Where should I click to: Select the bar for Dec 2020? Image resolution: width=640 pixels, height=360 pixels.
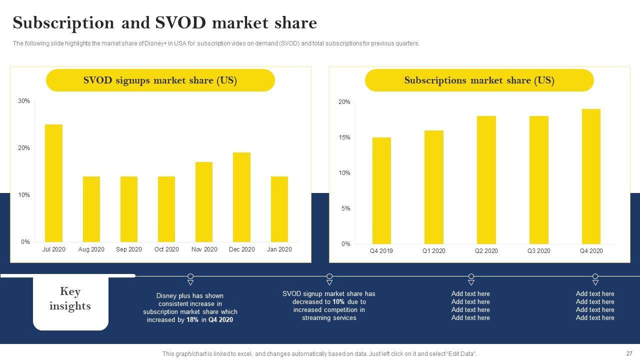pos(241,197)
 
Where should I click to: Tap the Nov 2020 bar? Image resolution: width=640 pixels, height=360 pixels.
pos(204,202)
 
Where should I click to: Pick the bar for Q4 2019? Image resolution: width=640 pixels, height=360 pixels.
pos(381,190)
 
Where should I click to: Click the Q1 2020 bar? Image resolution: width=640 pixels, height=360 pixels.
pos(434,187)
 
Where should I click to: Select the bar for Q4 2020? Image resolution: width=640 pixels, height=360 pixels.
pos(591,176)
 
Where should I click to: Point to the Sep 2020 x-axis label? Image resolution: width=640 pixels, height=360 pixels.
pos(129,249)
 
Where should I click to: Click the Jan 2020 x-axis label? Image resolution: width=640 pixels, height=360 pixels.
pos(279,249)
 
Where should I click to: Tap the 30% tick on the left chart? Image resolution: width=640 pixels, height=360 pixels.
pos(24,101)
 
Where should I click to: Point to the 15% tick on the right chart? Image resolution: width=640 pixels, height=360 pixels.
pos(345,137)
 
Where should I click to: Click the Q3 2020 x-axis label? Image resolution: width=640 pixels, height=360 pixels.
pos(538,251)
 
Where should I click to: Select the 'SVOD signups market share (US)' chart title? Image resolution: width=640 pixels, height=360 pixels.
pos(160,80)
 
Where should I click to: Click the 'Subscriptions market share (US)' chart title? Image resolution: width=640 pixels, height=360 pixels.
pos(479,80)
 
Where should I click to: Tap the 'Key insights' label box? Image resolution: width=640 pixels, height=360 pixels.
pos(70,299)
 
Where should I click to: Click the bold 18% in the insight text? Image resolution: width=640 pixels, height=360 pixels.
pos(192,320)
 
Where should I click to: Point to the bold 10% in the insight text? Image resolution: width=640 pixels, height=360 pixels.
pos(338,302)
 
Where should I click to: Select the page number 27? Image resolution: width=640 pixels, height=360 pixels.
pos(629,353)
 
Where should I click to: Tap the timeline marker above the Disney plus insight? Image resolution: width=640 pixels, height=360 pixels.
pos(190,277)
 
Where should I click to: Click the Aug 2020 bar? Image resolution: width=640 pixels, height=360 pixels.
pos(91,209)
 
